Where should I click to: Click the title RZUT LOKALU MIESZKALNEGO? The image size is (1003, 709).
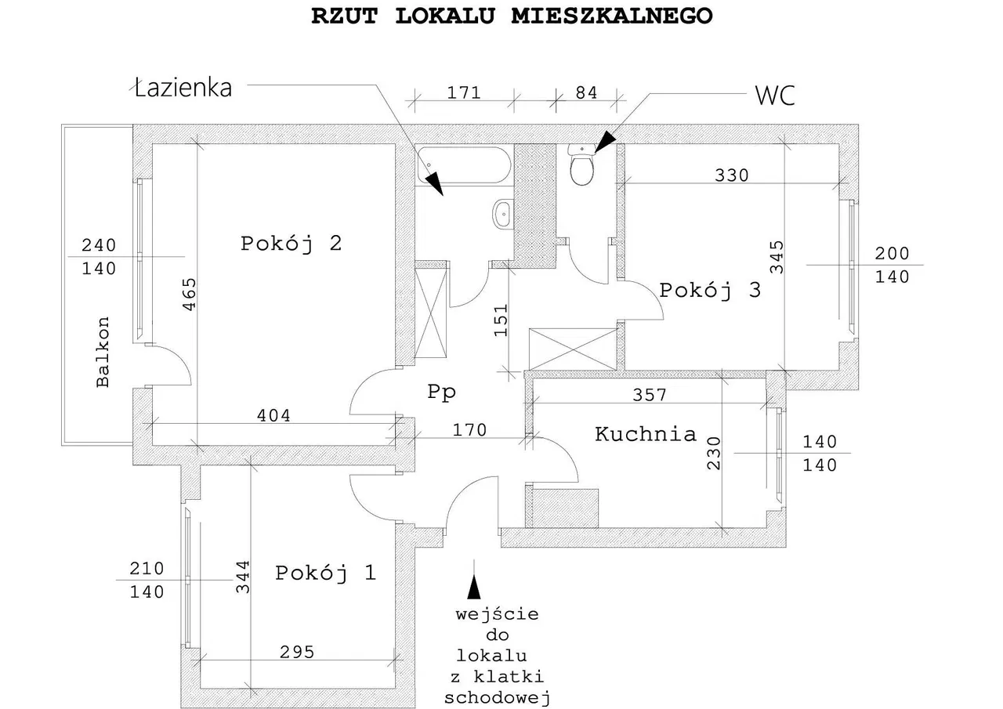(512, 16)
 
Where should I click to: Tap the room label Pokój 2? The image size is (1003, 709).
(291, 244)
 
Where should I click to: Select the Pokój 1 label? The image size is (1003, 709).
(325, 573)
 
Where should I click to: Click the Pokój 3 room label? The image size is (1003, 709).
(710, 291)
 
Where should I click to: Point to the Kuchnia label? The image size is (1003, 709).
(645, 434)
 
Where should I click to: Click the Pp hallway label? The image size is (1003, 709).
(441, 392)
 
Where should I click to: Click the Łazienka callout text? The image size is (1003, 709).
(183, 88)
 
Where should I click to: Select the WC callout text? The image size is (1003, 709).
(774, 96)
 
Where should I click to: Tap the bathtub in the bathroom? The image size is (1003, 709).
(463, 165)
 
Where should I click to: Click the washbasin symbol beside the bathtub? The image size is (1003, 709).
(502, 213)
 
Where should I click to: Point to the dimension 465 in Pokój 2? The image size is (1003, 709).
(189, 295)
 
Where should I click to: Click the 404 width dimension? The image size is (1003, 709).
(273, 416)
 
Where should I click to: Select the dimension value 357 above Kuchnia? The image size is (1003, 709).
(650, 396)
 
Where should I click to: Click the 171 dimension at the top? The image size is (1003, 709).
(463, 93)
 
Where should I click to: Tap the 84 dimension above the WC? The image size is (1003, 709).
(586, 93)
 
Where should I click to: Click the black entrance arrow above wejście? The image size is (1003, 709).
(473, 585)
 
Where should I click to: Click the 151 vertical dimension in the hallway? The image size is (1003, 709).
(502, 320)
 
